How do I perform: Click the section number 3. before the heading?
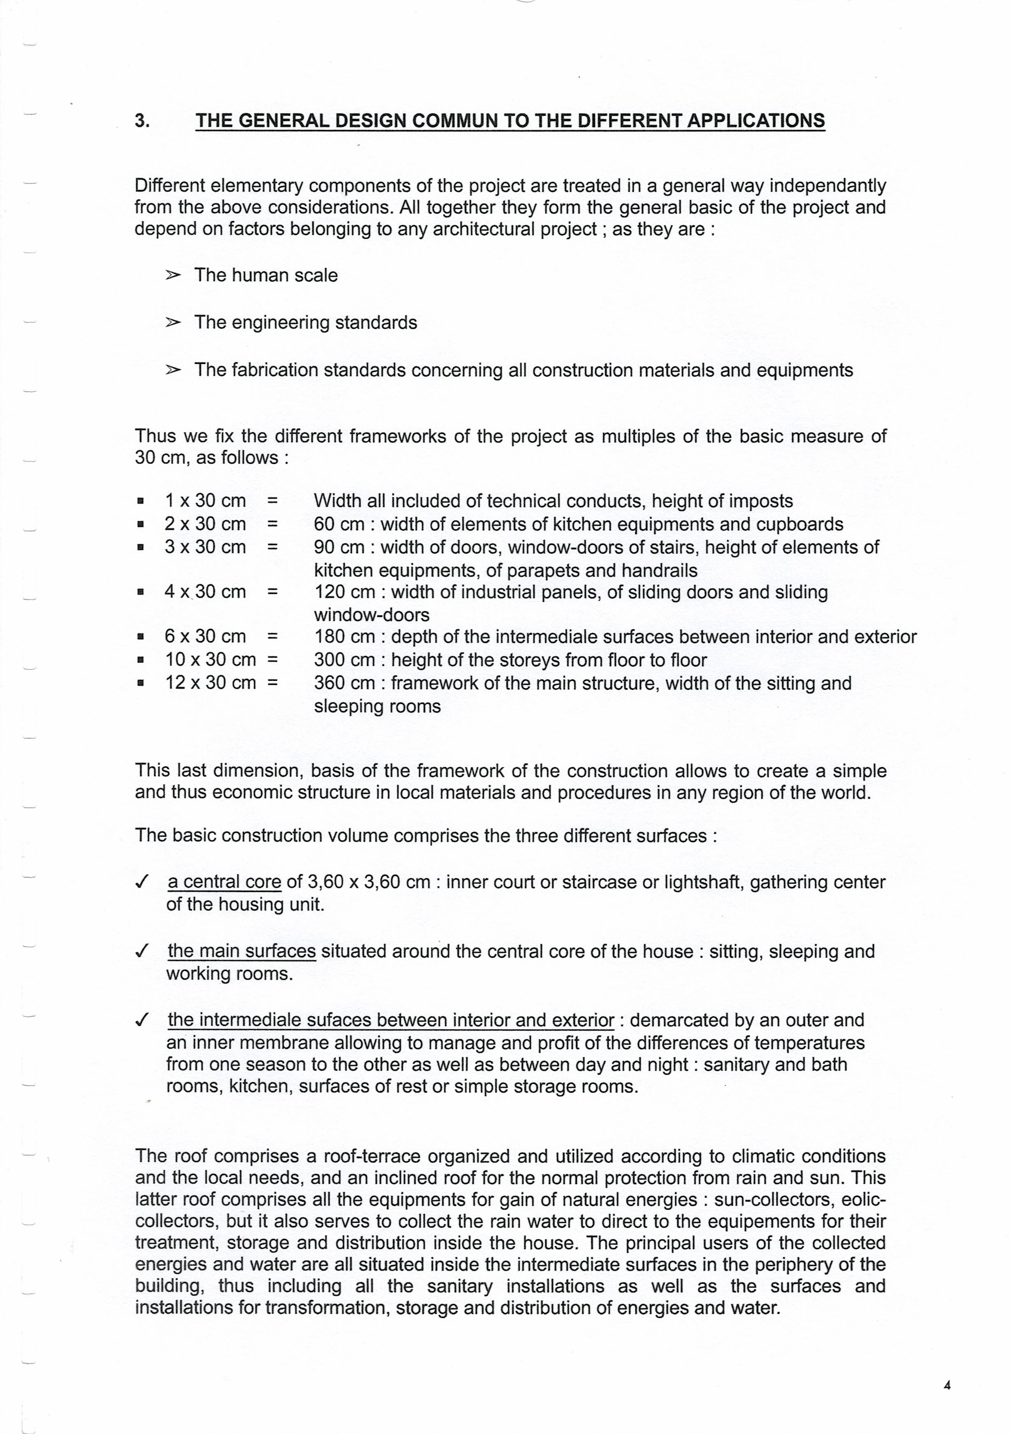(142, 121)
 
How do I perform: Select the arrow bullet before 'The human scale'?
(173, 275)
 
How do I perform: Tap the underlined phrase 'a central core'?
(224, 882)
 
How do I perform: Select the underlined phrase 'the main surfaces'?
(242, 951)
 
